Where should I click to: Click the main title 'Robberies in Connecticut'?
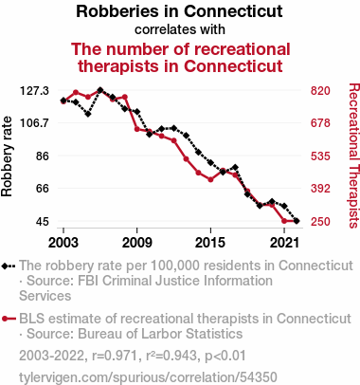pyautogui.click(x=179, y=11)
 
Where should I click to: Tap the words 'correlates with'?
pyautogui.click(x=180, y=29)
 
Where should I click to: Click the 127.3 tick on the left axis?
pyautogui.click(x=34, y=91)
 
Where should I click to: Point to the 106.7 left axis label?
pyautogui.click(x=34, y=122)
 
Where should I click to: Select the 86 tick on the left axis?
pyautogui.click(x=43, y=156)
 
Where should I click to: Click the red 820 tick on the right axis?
pyautogui.click(x=320, y=91)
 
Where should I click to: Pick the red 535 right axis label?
pyautogui.click(x=320, y=156)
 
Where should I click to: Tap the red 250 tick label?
pyautogui.click(x=320, y=221)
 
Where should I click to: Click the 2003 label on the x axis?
pyautogui.click(x=63, y=243)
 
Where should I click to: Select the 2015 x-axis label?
pyautogui.click(x=210, y=243)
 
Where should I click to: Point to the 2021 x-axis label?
pyautogui.click(x=284, y=243)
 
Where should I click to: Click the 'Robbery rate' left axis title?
pyautogui.click(x=7, y=156)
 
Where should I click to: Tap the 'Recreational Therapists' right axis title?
pyautogui.click(x=354, y=156)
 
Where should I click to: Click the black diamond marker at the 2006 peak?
pyautogui.click(x=100, y=90)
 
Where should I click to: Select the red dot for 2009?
pyautogui.click(x=137, y=129)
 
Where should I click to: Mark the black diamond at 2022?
pyautogui.click(x=297, y=221)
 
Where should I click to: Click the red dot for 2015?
pyautogui.click(x=210, y=179)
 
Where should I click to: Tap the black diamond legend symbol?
pyautogui.click(x=6, y=266)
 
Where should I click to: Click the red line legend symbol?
pyautogui.click(x=9, y=319)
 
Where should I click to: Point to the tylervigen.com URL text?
pyautogui.click(x=148, y=377)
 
